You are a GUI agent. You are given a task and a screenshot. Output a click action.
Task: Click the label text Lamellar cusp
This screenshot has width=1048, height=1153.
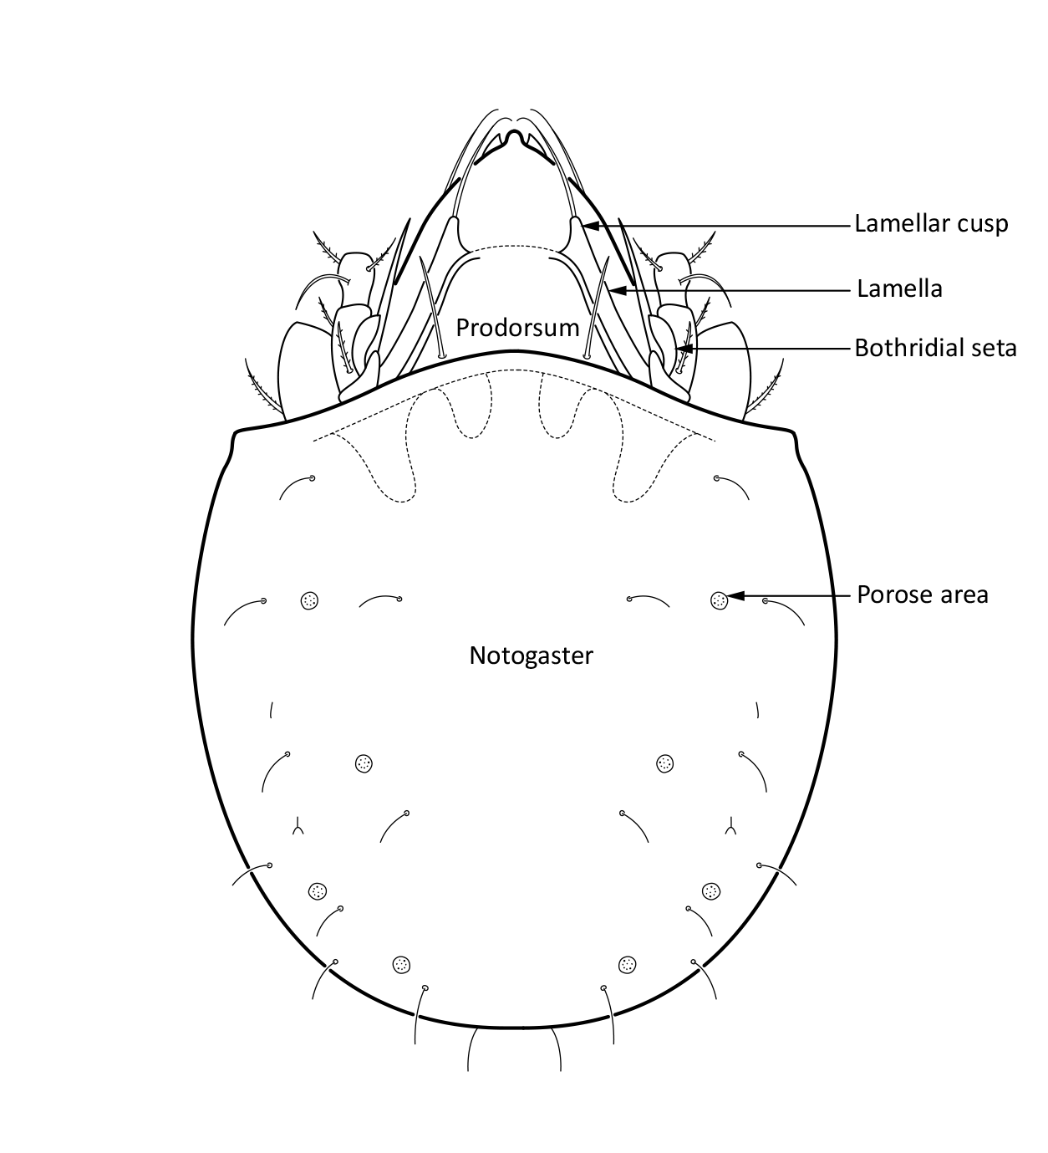tap(930, 224)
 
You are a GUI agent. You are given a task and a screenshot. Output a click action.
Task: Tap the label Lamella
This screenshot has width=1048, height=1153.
tap(899, 289)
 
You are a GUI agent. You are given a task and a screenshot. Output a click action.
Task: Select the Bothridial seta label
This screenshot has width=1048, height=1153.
tap(935, 348)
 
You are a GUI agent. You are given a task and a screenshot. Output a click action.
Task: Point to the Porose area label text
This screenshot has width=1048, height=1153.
tap(922, 594)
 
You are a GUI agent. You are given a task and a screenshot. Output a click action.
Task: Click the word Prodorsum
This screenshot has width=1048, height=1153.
tap(517, 328)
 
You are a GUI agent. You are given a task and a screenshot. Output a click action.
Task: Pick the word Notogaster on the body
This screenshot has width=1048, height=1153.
tap(531, 655)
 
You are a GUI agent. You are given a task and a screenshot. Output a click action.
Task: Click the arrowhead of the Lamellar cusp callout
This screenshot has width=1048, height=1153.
tap(588, 225)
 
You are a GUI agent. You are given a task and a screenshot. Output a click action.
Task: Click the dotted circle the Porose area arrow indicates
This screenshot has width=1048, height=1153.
tap(718, 599)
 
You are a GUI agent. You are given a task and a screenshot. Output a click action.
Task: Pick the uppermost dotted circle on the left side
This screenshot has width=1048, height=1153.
tap(309, 599)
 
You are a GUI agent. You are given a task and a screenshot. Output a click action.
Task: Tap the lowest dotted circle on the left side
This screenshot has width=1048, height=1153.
tap(402, 964)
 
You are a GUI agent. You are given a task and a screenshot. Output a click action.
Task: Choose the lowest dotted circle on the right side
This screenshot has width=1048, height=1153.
tap(627, 964)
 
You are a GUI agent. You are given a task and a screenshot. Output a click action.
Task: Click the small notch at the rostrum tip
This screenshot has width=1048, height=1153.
tap(517, 135)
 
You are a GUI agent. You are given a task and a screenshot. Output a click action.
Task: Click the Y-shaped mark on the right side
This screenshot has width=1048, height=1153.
tap(731, 828)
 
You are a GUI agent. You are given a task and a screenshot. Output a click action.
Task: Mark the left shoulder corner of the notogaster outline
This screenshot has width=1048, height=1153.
tap(234, 433)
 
